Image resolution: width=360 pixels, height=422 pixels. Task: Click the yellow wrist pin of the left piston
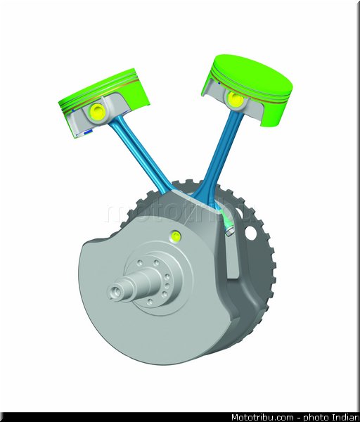(x=97, y=111)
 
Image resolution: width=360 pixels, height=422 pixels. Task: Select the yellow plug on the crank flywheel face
(x=176, y=236)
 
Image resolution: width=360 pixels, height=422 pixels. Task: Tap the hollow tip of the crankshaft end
(x=115, y=292)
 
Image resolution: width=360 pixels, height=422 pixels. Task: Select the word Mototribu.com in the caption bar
(x=262, y=417)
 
